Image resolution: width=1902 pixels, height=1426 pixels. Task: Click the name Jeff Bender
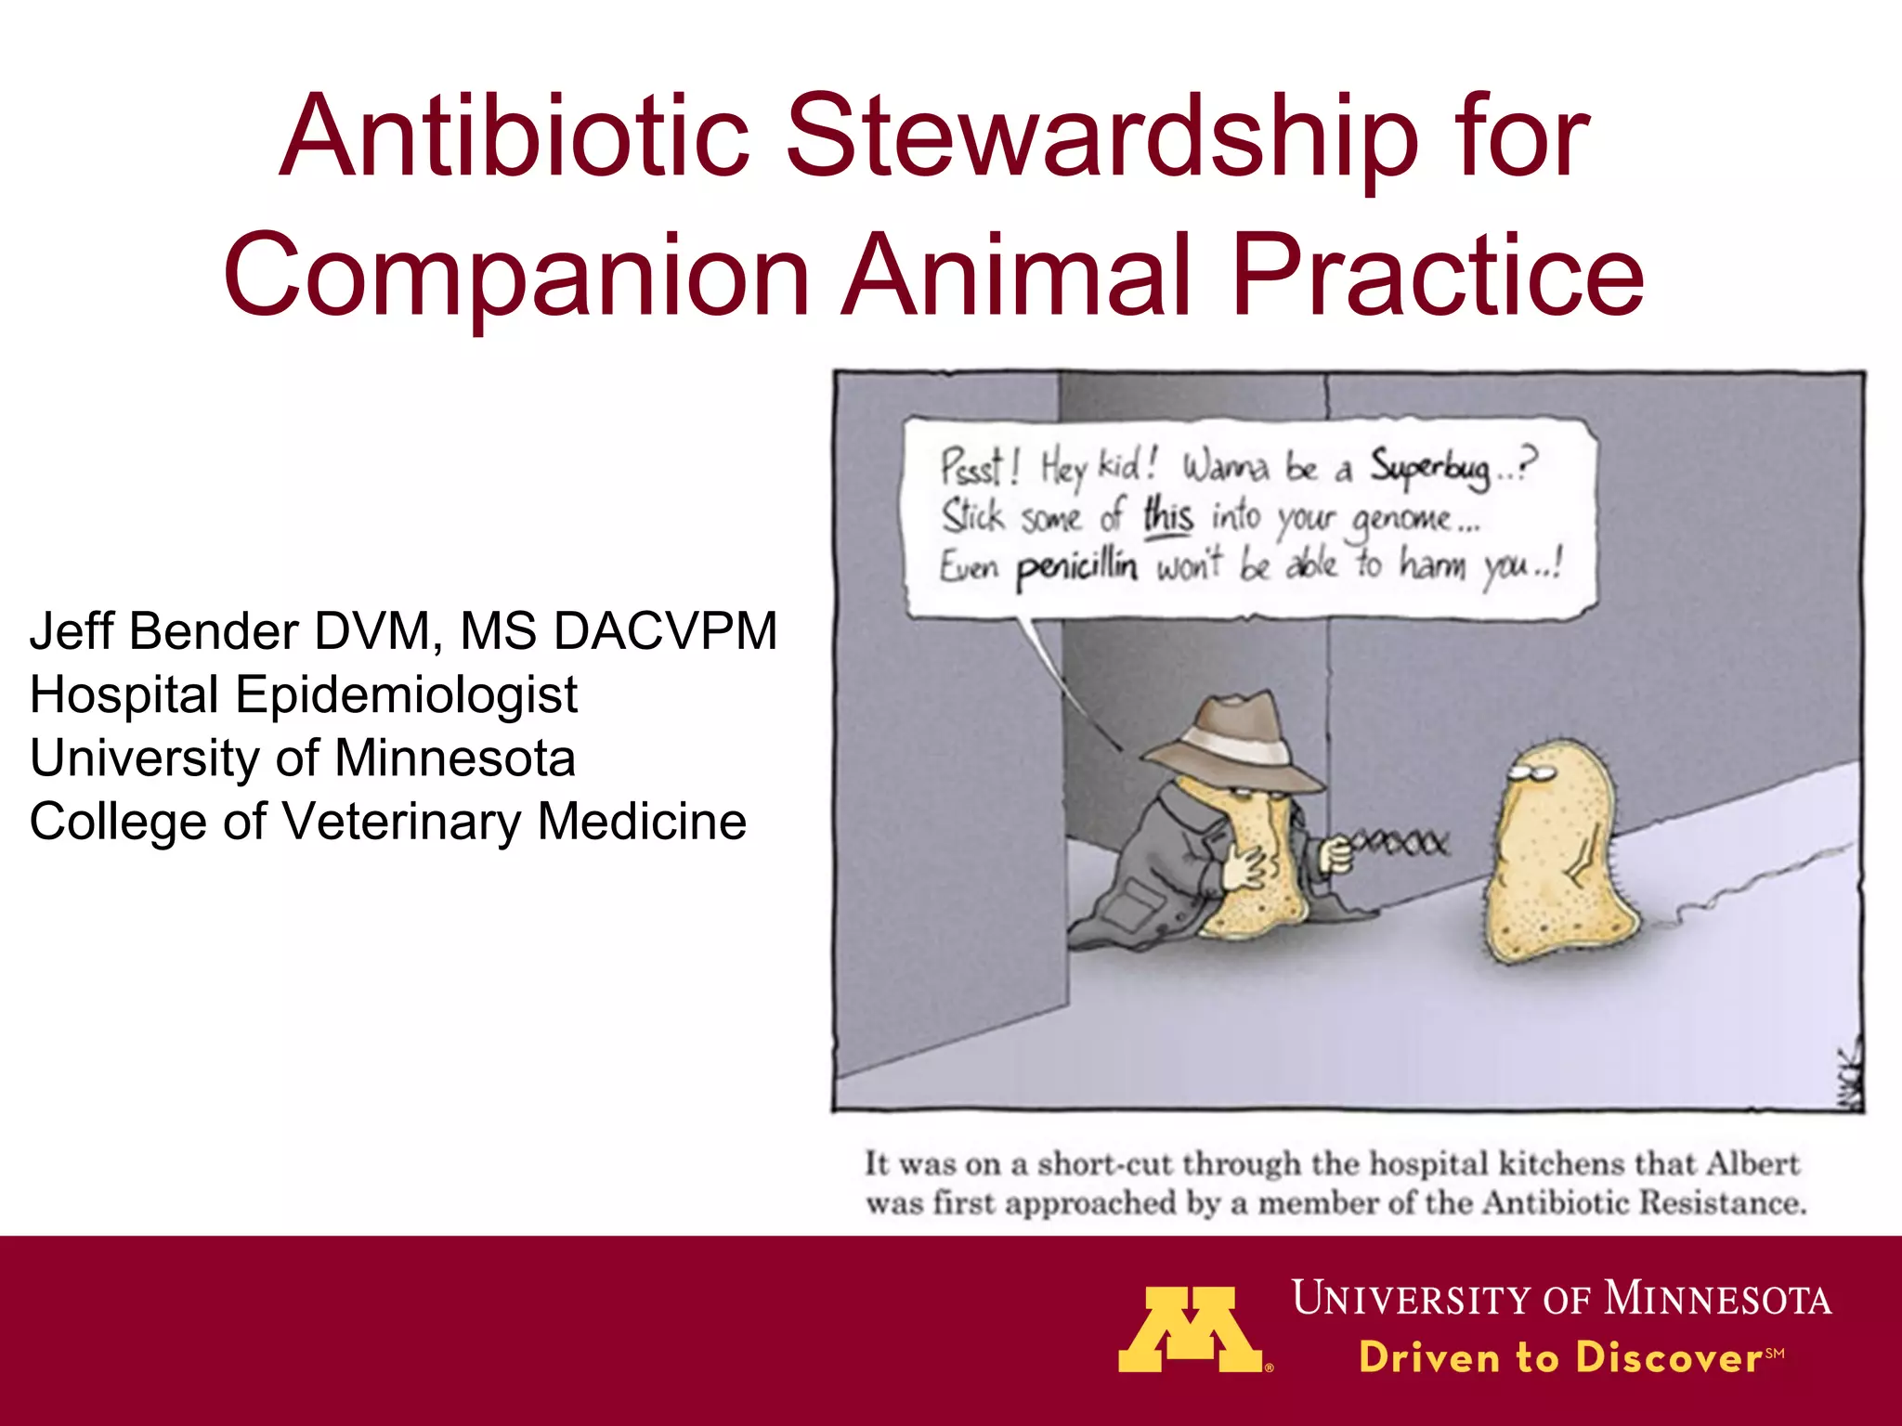(163, 631)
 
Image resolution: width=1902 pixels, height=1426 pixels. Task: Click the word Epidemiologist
(407, 694)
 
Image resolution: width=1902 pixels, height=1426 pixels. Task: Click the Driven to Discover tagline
(1560, 1357)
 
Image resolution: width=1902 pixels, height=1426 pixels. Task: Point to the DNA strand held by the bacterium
(1398, 844)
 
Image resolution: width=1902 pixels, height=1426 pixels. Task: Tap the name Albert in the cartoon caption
(1752, 1163)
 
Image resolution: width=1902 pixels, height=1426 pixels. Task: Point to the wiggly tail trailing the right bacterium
(1746, 882)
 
